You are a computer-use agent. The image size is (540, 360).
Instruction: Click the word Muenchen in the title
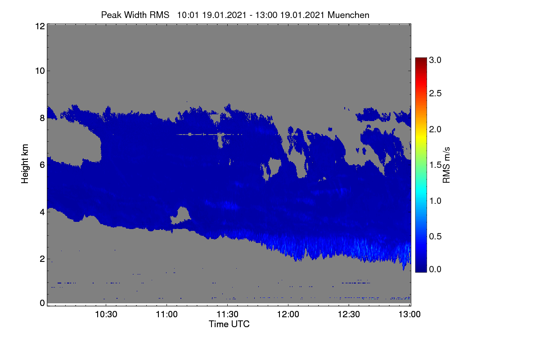pyautogui.click(x=348, y=15)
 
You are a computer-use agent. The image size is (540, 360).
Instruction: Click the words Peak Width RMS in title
pyautogui.click(x=135, y=15)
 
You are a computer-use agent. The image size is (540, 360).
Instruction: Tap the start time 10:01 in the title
pyautogui.click(x=188, y=15)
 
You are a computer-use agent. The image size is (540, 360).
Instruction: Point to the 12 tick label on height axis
pyautogui.click(x=40, y=26)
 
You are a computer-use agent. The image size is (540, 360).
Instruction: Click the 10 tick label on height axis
pyautogui.click(x=40, y=71)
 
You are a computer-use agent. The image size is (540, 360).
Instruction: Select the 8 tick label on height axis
pyautogui.click(x=42, y=118)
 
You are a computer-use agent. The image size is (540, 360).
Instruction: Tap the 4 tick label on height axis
pyautogui.click(x=42, y=212)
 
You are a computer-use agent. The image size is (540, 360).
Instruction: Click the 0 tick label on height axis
pyautogui.click(x=42, y=303)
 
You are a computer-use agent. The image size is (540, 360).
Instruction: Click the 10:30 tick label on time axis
pyautogui.click(x=106, y=314)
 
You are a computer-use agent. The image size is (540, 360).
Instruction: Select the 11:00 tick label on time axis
pyautogui.click(x=166, y=314)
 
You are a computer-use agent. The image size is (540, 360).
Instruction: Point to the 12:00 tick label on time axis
pyautogui.click(x=288, y=314)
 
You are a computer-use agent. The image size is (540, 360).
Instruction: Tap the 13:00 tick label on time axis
pyautogui.click(x=409, y=314)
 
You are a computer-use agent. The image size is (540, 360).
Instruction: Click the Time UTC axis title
pyautogui.click(x=229, y=324)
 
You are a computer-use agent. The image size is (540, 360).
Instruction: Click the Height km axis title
pyautogui.click(x=25, y=164)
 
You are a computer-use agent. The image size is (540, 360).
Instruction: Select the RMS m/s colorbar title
pyautogui.click(x=446, y=165)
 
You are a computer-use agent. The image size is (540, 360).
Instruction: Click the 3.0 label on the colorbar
pyautogui.click(x=435, y=60)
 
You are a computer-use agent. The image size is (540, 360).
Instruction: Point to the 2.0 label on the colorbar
pyautogui.click(x=435, y=130)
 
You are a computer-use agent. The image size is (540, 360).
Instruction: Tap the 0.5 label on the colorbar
pyautogui.click(x=435, y=237)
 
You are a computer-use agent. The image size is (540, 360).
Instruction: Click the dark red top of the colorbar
pyautogui.click(x=421, y=60)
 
